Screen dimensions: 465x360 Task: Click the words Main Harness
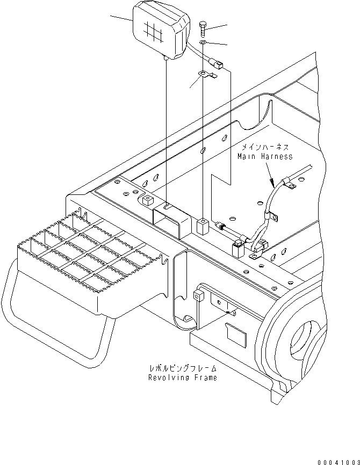coord(265,156)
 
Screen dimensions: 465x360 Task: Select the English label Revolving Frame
coord(183,377)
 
